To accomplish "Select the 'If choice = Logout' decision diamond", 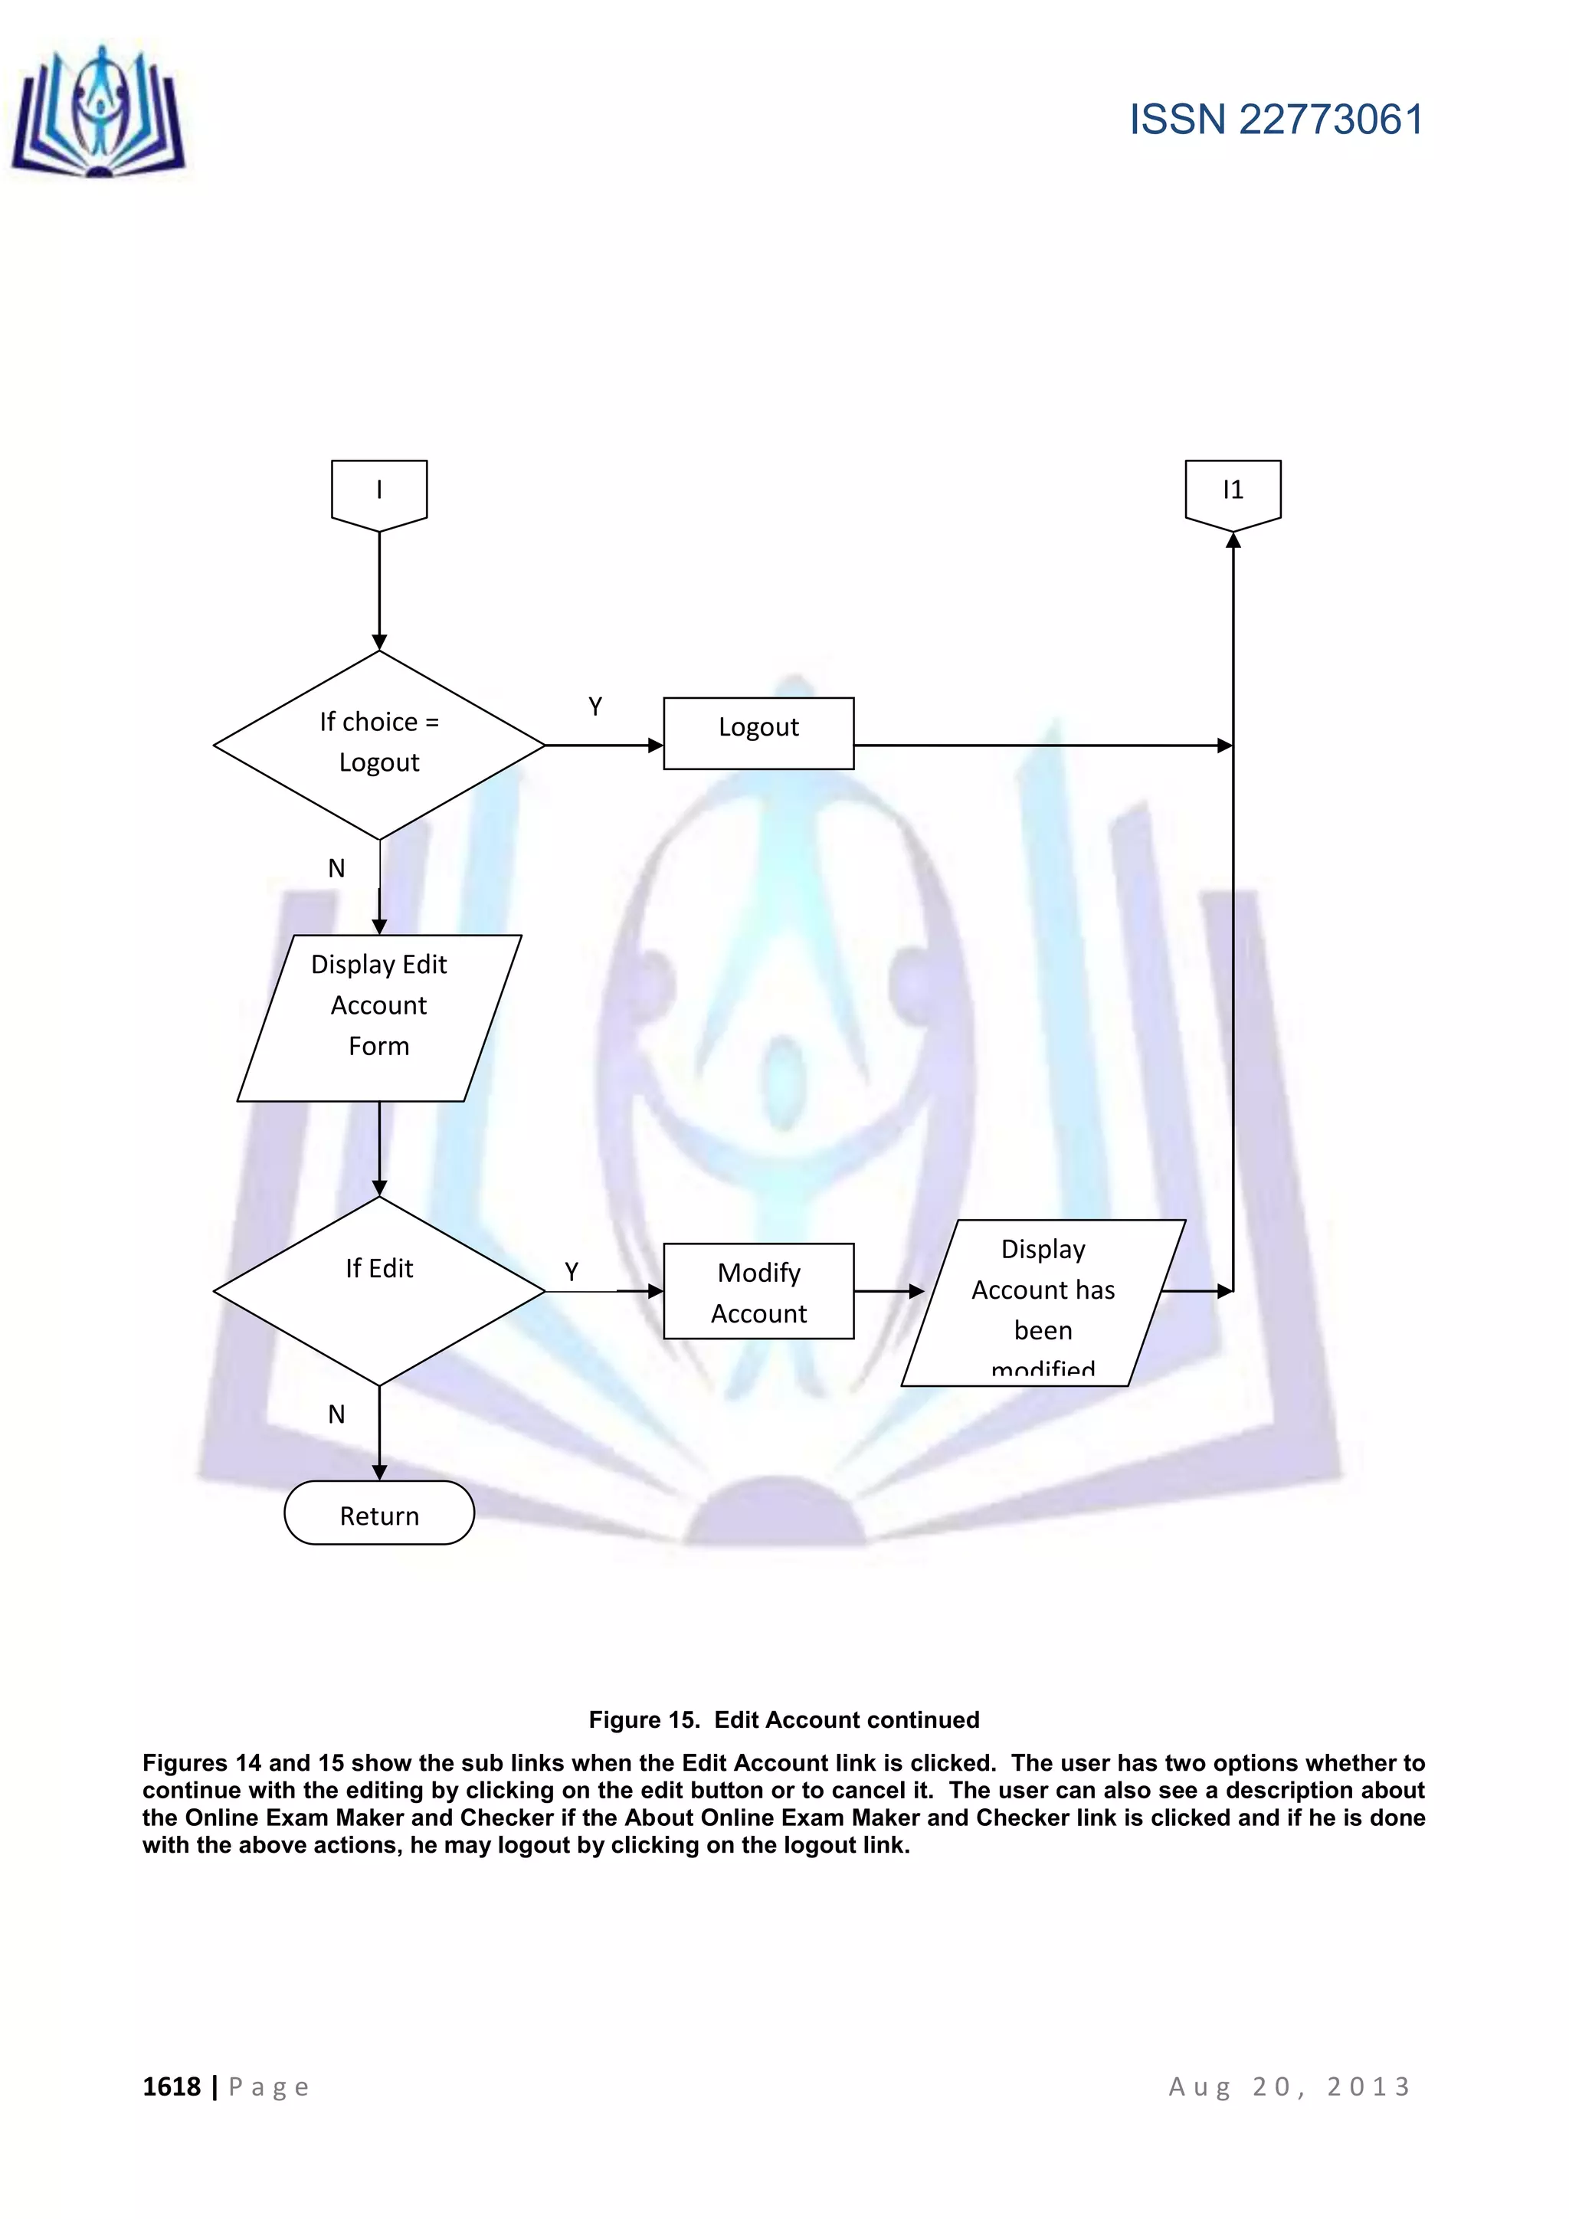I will click(378, 744).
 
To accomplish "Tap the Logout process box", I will click(758, 733).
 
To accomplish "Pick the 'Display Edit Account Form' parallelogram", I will click(378, 1017).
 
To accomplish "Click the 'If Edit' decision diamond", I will click(378, 1290).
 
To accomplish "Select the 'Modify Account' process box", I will click(758, 1291).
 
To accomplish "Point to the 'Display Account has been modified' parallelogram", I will click(1043, 1302).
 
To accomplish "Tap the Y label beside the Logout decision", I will click(595, 706).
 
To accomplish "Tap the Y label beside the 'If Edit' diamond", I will click(571, 1272).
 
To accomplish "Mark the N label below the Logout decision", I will click(336, 868).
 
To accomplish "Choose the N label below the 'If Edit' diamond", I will click(336, 1414).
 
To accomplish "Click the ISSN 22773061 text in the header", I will click(1276, 120).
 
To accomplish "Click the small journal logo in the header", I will click(99, 114).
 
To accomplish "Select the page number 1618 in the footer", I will click(171, 2086).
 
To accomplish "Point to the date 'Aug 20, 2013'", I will click(1290, 2086).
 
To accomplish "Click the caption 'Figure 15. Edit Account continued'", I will click(784, 1719).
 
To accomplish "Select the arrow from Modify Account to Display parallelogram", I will click(889, 1291).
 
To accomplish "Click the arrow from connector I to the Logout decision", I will click(378, 589).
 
